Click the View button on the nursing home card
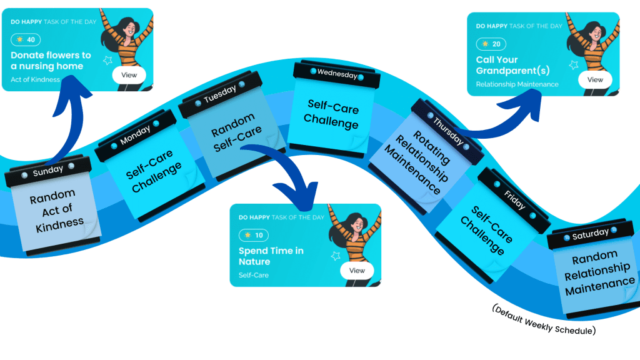pyautogui.click(x=129, y=75)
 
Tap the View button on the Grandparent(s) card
pyautogui.click(x=595, y=79)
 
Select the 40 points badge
pyautogui.click(x=26, y=39)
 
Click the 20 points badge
pyautogui.click(x=491, y=44)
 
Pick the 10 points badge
pyautogui.click(x=254, y=235)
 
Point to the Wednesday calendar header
pyautogui.click(x=337, y=72)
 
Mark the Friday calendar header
pyautogui.click(x=514, y=194)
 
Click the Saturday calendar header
pyautogui.click(x=590, y=233)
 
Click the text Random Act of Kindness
pyautogui.click(x=55, y=209)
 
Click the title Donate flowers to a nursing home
pyautogui.click(x=51, y=61)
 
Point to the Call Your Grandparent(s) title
pyautogui.click(x=512, y=66)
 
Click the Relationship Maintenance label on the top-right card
pyautogui.click(x=517, y=84)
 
